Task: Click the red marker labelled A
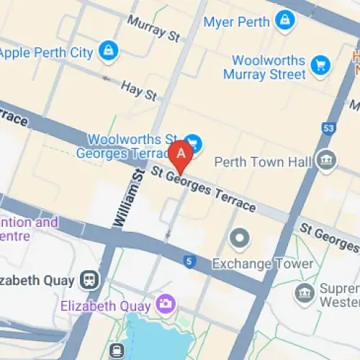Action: click(181, 153)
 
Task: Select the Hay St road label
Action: click(139, 89)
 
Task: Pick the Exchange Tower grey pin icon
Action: click(239, 237)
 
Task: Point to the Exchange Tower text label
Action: click(264, 264)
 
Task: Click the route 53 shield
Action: click(330, 128)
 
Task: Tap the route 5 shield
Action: click(189, 261)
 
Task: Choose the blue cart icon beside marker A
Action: click(192, 141)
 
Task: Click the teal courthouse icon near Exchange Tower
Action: click(305, 293)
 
